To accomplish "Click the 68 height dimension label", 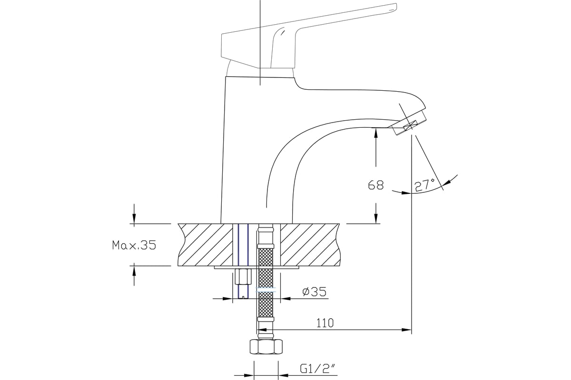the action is coord(376,185).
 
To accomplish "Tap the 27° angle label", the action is coord(425,185).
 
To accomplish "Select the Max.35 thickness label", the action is coord(134,245).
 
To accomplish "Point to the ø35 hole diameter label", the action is coord(315,292).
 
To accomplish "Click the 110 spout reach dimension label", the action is coord(325,323).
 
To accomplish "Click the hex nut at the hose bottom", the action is coord(266,347).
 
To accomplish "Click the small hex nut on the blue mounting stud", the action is coord(243,277).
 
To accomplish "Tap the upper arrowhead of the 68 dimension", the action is coord(376,133).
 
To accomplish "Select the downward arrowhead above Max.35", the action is coord(134,218).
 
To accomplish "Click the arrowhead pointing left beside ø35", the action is coord(285,299).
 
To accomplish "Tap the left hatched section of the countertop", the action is coord(206,245).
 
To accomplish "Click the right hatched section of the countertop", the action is coord(310,245).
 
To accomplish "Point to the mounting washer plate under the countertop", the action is coord(256,267).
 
